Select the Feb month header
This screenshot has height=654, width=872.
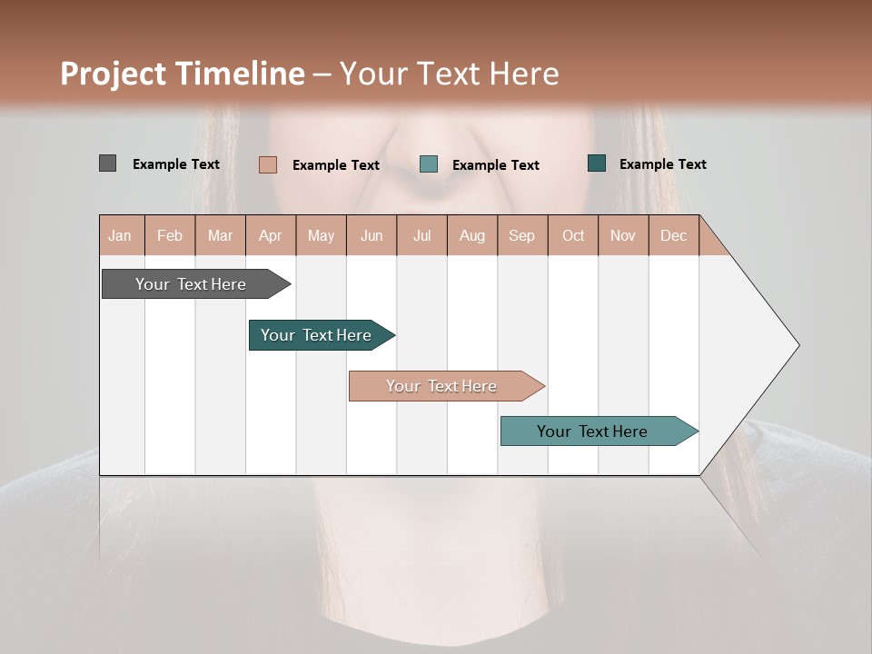[170, 235]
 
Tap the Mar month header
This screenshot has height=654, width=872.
[220, 235]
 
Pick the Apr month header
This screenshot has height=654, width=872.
[271, 235]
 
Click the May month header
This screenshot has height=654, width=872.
[321, 235]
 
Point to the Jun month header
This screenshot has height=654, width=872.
[372, 235]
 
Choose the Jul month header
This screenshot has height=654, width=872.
[421, 235]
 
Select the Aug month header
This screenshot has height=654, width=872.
[472, 235]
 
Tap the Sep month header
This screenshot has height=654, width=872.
[522, 235]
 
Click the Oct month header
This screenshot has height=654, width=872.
[573, 235]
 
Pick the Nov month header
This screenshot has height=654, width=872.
[623, 235]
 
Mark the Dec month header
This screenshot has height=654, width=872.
[674, 235]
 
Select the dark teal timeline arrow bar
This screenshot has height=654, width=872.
[318, 335]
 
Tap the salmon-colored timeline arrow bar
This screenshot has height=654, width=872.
[443, 386]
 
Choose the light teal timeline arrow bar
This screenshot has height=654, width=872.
[595, 431]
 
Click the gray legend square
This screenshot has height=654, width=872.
[107, 163]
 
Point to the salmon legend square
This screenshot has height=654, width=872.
[267, 164]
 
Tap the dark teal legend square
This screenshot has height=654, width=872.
[597, 163]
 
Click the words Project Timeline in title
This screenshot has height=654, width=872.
[183, 74]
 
